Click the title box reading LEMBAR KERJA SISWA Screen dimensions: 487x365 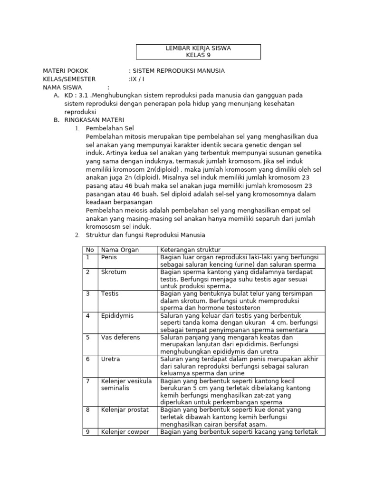199,51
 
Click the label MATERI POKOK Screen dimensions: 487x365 66,71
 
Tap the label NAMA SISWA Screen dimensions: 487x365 62,88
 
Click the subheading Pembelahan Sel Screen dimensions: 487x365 110,128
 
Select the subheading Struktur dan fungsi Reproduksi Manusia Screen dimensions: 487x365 145,235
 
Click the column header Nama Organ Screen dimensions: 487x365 120,250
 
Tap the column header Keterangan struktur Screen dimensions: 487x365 190,250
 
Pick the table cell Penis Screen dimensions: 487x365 109,257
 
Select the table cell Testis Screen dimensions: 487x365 109,294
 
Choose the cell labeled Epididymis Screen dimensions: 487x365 117,315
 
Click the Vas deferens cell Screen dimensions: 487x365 120,337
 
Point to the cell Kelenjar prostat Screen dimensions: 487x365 125,409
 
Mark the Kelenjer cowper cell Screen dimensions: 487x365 125,432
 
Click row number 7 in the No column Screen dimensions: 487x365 87,381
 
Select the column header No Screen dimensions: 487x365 89,250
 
